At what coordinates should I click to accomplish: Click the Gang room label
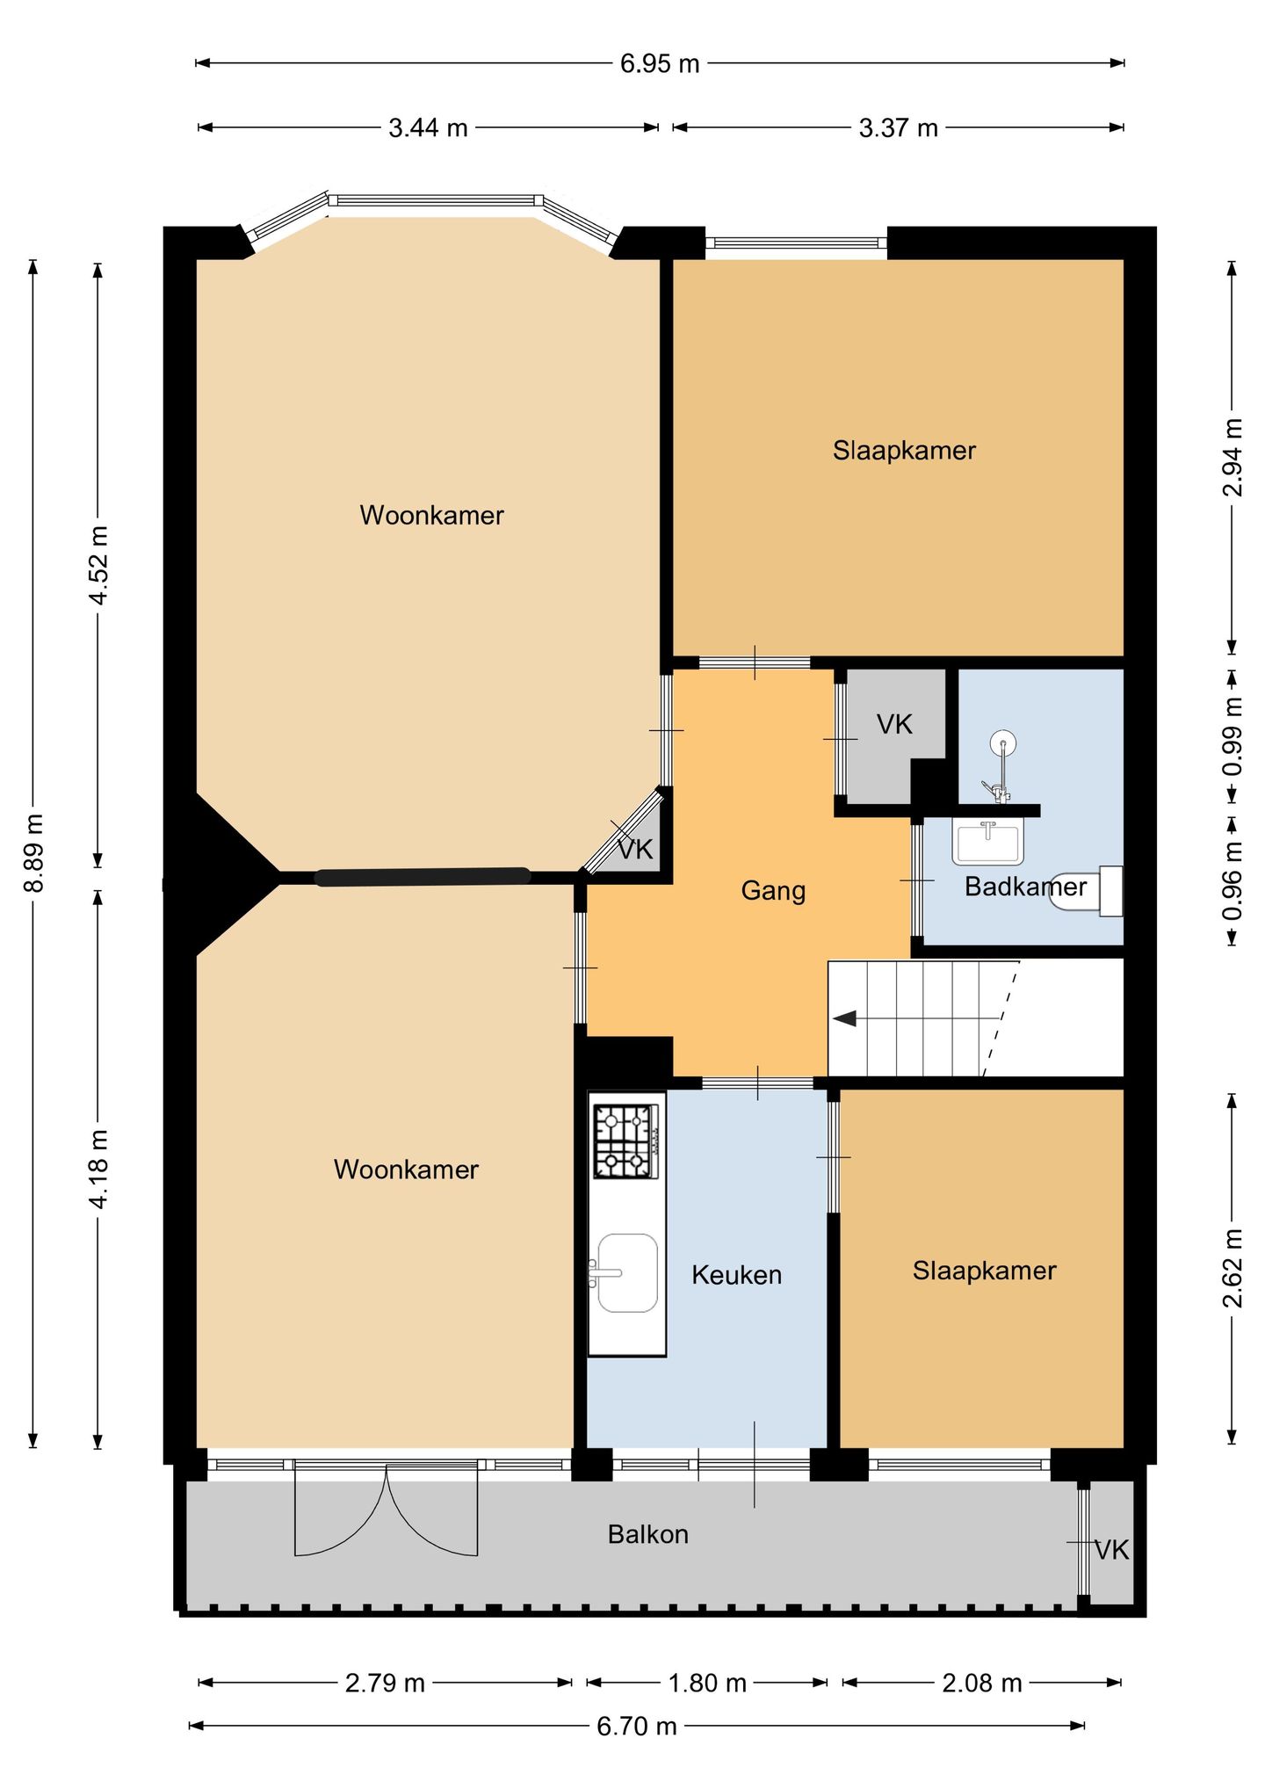[773, 890]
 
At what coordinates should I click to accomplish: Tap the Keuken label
[736, 1274]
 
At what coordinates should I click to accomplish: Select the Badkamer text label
[1025, 886]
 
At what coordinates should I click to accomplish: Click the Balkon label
[647, 1534]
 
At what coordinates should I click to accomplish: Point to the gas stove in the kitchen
[626, 1141]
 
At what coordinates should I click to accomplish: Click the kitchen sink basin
[627, 1272]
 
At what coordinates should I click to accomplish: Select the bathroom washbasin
[988, 841]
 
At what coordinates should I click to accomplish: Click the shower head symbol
[1002, 745]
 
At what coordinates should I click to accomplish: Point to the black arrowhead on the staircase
[844, 1018]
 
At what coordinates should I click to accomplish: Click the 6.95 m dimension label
[660, 63]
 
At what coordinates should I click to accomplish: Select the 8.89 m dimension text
[33, 852]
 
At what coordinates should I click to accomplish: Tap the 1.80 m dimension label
[707, 1683]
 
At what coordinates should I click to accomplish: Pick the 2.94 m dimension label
[1232, 457]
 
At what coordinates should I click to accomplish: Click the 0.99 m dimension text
[1232, 736]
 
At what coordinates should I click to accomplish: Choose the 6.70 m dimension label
[637, 1726]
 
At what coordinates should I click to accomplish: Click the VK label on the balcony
[1111, 1550]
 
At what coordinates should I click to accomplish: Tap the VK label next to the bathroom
[894, 724]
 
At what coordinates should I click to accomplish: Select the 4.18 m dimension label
[98, 1169]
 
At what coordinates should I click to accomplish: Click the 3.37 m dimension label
[898, 128]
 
